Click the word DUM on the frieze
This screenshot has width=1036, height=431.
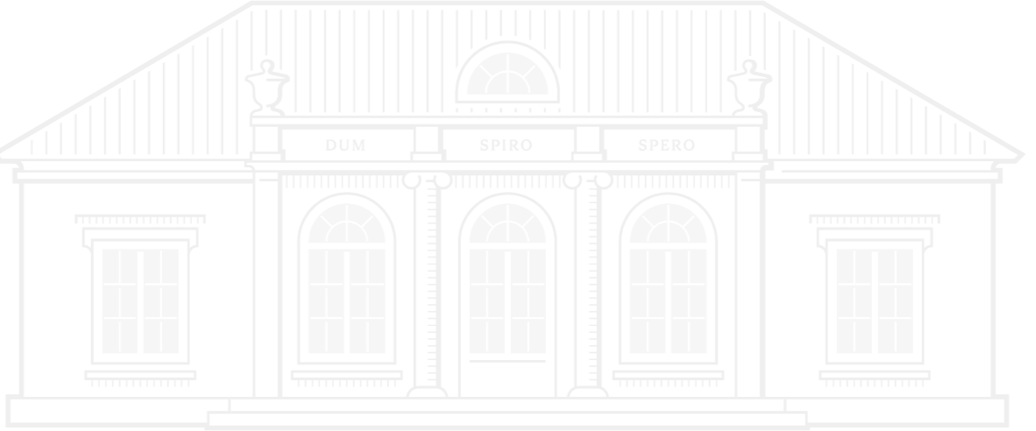345,145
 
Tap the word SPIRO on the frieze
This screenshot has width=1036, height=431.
506,145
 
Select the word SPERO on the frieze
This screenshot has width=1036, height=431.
667,145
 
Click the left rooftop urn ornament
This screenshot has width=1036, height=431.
267,88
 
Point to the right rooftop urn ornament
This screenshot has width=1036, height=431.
749,88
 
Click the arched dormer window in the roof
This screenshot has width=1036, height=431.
507,72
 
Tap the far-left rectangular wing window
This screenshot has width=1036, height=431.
140,300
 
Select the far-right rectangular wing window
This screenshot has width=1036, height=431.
875,300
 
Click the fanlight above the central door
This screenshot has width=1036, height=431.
507,223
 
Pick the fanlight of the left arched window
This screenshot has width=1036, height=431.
347,223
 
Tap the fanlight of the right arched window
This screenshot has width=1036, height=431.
668,223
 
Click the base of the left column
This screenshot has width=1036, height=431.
427,392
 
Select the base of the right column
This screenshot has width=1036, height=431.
588,392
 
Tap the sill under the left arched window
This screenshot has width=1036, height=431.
347,375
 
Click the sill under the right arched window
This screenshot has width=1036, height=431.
668,375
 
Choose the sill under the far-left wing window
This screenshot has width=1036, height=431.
140,375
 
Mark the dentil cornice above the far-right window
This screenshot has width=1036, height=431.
875,218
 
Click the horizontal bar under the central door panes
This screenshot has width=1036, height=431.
507,361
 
